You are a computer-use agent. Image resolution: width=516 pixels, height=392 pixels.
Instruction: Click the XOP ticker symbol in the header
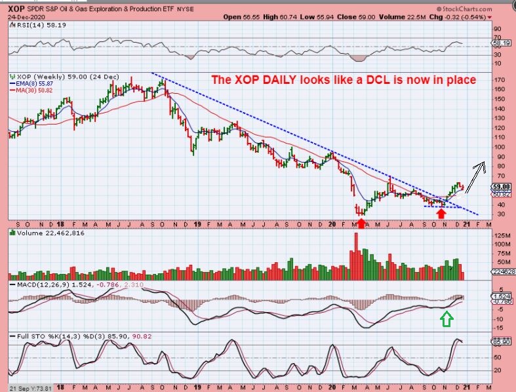coord(16,7)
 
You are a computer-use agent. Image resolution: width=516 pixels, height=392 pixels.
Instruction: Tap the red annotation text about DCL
coord(343,80)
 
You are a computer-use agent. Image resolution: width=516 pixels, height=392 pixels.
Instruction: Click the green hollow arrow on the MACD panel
coord(447,319)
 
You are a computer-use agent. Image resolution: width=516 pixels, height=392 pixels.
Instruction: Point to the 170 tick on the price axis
coord(500,79)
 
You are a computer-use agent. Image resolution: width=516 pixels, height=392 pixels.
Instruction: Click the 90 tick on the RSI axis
coord(497,29)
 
